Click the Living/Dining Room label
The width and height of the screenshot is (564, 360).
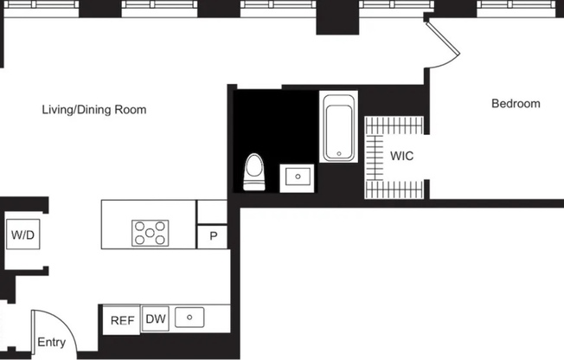(x=94, y=110)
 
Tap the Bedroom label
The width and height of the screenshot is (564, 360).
(x=516, y=104)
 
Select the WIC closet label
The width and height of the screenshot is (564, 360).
(x=402, y=157)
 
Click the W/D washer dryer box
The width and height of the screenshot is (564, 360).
(x=22, y=235)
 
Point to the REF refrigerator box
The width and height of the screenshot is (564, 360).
(x=122, y=320)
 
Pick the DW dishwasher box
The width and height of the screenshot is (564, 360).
(x=156, y=318)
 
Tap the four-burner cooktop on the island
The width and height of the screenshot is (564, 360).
(x=150, y=232)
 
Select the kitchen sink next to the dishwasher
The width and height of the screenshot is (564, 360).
(x=189, y=318)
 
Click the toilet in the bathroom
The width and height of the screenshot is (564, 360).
(x=254, y=172)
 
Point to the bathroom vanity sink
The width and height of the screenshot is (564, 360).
(x=298, y=177)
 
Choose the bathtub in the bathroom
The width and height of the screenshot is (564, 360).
(x=339, y=128)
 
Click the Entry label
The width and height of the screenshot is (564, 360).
(x=51, y=343)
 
